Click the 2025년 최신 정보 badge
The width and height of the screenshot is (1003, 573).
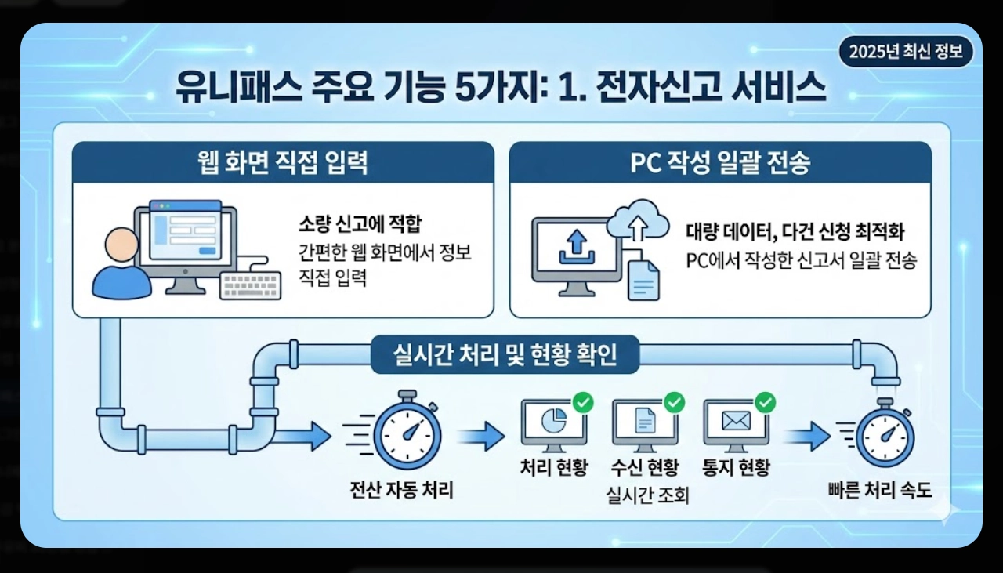pos(905,53)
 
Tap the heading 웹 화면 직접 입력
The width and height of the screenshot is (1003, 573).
pos(283,163)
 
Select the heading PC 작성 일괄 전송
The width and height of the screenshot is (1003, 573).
pos(720,163)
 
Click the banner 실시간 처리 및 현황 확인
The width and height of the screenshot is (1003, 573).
pos(505,356)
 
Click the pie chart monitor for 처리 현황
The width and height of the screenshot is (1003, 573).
pos(553,423)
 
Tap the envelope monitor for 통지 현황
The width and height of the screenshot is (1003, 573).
pos(735,423)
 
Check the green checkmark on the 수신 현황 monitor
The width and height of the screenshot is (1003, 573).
pos(674,403)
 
